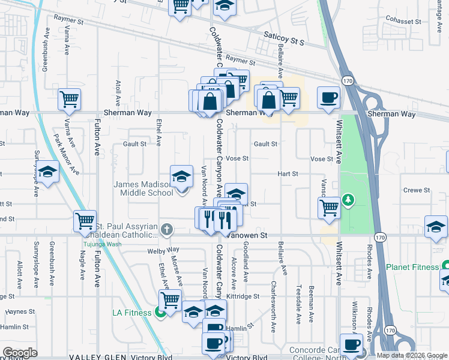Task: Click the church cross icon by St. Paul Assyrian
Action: point(167,229)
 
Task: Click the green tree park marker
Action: point(347,199)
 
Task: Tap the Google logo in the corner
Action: point(19,353)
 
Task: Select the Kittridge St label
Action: point(243,296)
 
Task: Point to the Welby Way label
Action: point(163,250)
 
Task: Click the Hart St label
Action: point(288,174)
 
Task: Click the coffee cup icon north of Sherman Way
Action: point(328,97)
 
